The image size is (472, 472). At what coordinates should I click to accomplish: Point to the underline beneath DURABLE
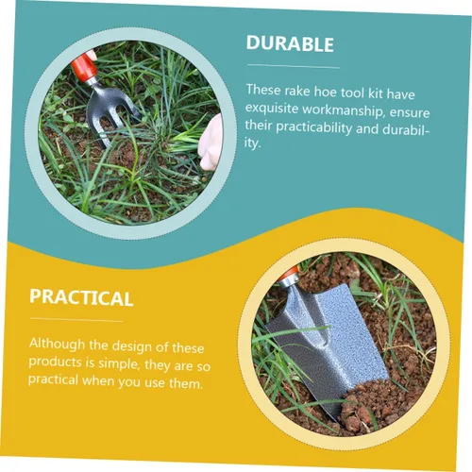point(292,66)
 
